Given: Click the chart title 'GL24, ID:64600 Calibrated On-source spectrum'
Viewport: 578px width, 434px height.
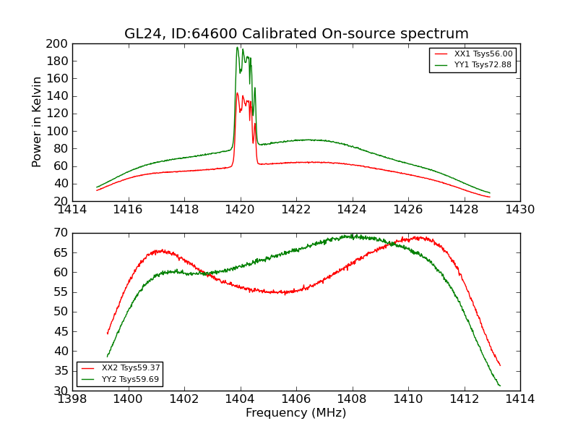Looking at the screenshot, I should [x=296, y=33].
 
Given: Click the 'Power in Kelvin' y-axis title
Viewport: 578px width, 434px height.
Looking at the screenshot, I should [x=37, y=122].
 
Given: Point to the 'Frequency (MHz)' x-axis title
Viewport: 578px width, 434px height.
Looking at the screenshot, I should [x=296, y=413].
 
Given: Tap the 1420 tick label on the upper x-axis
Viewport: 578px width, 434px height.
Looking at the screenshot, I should [x=241, y=210].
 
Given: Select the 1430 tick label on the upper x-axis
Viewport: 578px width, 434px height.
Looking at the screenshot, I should [x=520, y=210].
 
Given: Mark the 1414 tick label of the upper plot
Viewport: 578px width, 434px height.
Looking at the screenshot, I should [x=72, y=210].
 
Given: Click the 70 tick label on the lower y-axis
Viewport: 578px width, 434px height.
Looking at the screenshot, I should [x=61, y=233].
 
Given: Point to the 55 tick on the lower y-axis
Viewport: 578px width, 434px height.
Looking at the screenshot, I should [x=61, y=292].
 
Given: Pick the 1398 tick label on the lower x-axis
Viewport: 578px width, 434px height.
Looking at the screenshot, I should [x=72, y=399].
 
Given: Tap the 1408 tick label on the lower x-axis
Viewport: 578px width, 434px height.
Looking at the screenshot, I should [x=353, y=399].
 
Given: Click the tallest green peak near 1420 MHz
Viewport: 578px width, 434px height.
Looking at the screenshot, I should [x=237, y=48].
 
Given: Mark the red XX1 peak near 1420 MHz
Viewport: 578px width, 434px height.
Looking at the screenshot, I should [x=237, y=93].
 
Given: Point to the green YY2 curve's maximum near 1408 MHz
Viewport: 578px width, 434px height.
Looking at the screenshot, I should [x=350, y=236].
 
